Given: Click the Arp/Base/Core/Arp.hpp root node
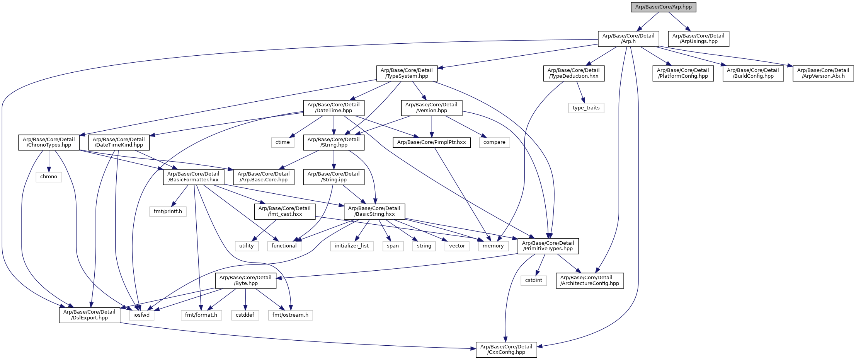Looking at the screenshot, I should [663, 7].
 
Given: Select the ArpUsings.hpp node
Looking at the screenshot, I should [699, 39].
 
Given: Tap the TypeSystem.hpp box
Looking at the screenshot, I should [407, 73].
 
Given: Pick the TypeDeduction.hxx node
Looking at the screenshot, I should [574, 73].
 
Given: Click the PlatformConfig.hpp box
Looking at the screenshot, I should [683, 73].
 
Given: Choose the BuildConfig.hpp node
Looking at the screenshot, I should [753, 73].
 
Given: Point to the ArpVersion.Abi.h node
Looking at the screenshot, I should [823, 73].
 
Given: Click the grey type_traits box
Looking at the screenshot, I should [586, 108].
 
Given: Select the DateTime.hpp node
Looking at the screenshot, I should [334, 107].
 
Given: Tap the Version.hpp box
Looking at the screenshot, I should [431, 107].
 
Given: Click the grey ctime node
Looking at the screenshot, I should [282, 142].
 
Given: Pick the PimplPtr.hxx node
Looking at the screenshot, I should [431, 142].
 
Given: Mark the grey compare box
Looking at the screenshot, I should [494, 142].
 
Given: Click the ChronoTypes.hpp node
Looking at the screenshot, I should [49, 142].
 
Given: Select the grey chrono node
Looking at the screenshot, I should [49, 177].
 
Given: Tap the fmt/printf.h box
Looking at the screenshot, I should [168, 212].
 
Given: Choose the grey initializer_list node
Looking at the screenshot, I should [352, 246].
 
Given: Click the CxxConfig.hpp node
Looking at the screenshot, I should [506, 350].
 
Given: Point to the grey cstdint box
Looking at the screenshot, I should [534, 280].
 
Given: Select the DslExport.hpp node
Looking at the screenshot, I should [89, 315].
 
